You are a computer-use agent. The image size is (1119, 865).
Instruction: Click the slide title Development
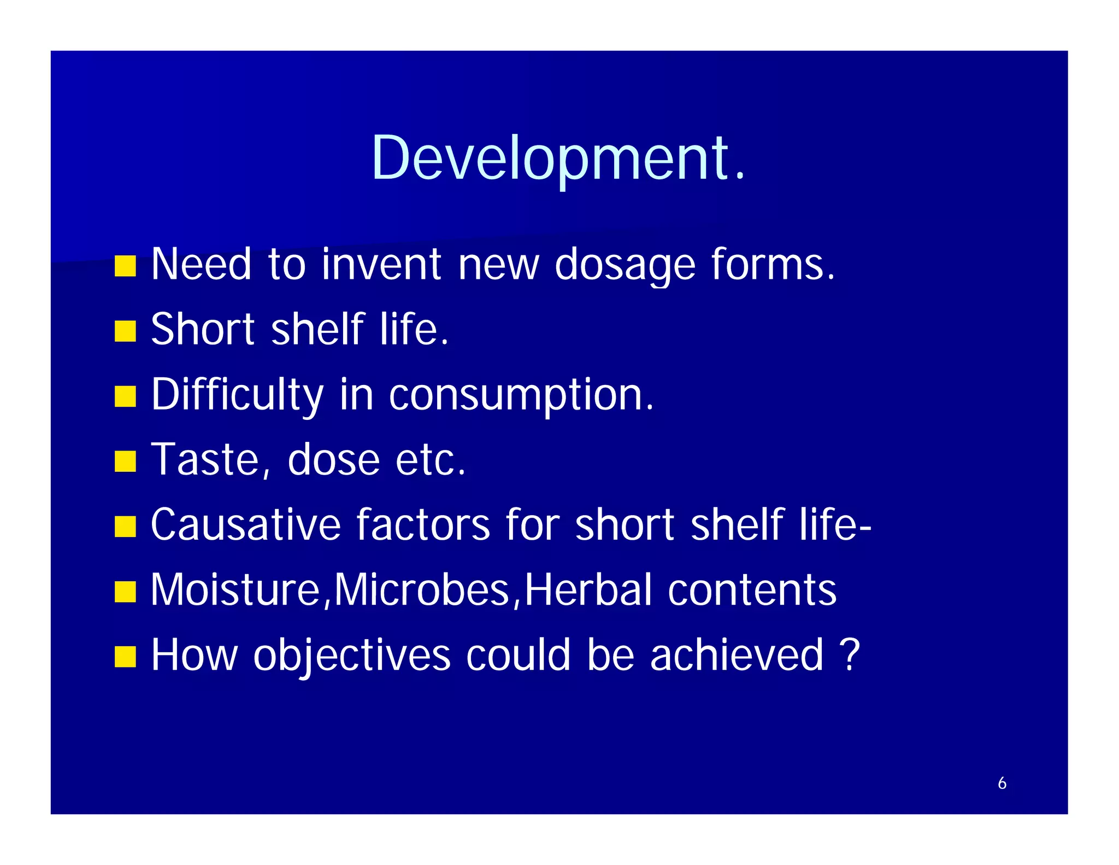tap(558, 159)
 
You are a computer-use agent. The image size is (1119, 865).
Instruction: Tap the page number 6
tap(1002, 783)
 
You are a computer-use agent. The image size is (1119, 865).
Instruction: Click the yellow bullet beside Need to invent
tap(125, 266)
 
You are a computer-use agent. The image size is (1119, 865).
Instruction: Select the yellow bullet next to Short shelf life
tap(125, 331)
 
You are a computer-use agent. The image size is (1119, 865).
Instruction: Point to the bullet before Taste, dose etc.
tap(125, 461)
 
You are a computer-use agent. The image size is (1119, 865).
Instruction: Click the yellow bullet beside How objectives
tap(125, 657)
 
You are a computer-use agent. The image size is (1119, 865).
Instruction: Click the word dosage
tap(625, 265)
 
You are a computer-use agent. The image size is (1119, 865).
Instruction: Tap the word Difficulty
tap(237, 395)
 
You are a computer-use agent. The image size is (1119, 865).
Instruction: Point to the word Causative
tap(245, 524)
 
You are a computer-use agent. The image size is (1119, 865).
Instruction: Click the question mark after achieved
tap(850, 654)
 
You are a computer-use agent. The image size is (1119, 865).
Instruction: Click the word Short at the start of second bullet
tap(203, 329)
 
